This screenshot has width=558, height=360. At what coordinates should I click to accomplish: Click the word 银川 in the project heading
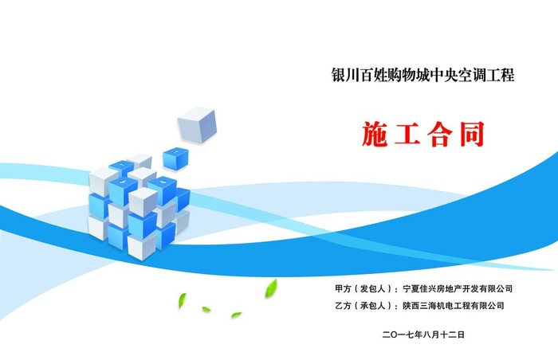pyautogui.click(x=344, y=76)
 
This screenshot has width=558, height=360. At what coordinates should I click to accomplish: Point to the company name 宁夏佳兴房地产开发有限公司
pyautogui.click(x=458, y=288)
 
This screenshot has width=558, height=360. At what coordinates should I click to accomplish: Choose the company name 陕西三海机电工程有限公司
pyautogui.click(x=453, y=305)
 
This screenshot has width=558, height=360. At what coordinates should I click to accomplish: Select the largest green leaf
pyautogui.click(x=271, y=286)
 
